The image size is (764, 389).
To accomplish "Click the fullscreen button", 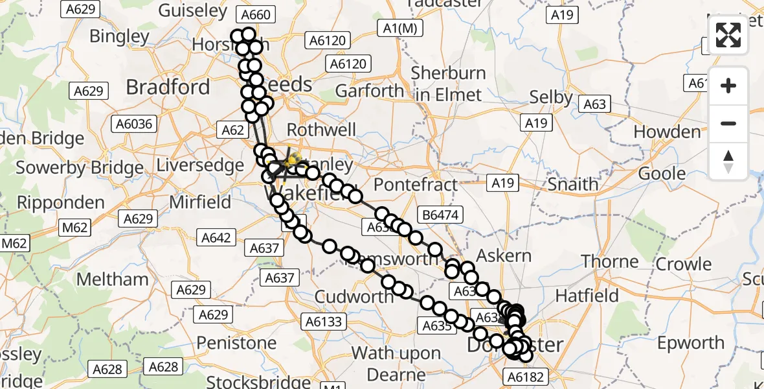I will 728,35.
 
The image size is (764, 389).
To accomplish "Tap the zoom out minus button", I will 728,123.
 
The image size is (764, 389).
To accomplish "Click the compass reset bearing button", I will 728,161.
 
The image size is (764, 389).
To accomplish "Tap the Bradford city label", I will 168,87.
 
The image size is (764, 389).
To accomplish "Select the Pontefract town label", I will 416,183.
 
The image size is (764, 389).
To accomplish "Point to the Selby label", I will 551,97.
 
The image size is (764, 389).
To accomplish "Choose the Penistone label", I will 236,342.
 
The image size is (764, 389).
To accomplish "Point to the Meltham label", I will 112,279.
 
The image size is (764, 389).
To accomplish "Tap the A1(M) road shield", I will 398,28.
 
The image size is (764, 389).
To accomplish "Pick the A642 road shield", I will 216,238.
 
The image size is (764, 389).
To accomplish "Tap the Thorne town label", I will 610,261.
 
